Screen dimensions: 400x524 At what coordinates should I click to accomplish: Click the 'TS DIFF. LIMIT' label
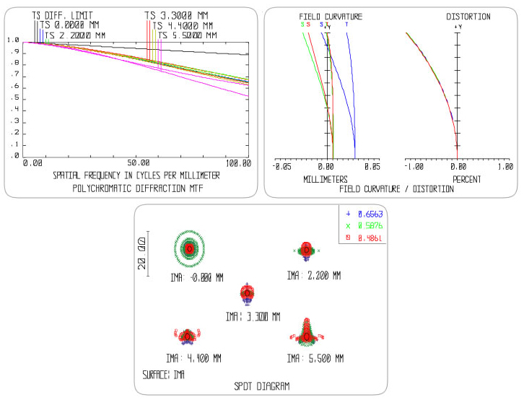[x=61, y=14]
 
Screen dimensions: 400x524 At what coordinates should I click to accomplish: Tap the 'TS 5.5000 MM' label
[x=186, y=35]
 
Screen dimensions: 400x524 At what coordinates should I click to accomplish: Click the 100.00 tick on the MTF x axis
[x=237, y=164]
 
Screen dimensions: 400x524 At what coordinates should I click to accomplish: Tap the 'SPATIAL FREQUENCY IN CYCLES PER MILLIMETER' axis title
[x=136, y=175]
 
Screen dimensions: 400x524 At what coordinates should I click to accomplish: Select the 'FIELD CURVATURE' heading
[x=331, y=16]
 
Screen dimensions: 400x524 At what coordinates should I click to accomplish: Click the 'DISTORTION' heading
[x=468, y=16]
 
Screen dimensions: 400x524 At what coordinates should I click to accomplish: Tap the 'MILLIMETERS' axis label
[x=326, y=178]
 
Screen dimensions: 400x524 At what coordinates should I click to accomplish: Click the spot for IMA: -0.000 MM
[x=189, y=248]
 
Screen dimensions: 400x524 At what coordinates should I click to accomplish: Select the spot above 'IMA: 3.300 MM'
[x=247, y=293]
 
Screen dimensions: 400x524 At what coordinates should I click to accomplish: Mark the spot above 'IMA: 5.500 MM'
[x=307, y=334]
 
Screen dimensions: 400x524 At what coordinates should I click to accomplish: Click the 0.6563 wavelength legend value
[x=372, y=214]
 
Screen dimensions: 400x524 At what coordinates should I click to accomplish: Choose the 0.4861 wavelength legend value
[x=372, y=238]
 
